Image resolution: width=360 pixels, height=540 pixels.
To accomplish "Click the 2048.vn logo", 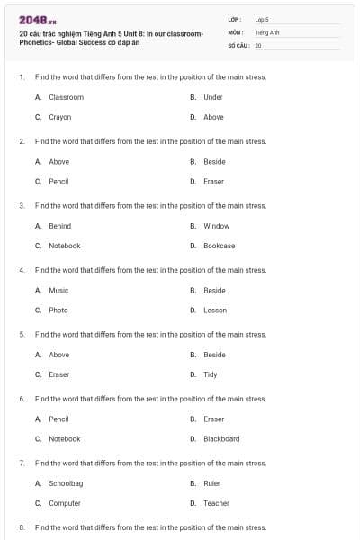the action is (37, 21).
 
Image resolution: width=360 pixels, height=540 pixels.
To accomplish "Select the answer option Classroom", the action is (66, 97).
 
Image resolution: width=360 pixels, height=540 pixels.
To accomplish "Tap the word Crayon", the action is (59, 117).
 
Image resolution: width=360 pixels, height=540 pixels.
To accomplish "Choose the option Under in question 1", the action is (212, 97).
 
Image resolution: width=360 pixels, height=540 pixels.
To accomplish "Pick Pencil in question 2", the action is (58, 181).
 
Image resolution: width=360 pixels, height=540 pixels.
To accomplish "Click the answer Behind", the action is (59, 226).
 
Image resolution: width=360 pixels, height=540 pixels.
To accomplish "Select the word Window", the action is (216, 226).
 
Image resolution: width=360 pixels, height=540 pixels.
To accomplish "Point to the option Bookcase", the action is (219, 246).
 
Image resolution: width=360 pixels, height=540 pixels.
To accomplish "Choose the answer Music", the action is (58, 291).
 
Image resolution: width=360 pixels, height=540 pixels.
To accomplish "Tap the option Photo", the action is (58, 310).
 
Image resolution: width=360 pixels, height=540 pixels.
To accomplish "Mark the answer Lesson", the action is (215, 310).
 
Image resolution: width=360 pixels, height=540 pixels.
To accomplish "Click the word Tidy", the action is (210, 374).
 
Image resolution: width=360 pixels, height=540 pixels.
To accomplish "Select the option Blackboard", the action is (221, 439).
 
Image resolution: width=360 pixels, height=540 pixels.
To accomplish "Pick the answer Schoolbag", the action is (66, 483).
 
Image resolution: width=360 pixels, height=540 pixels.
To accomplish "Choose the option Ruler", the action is (211, 483).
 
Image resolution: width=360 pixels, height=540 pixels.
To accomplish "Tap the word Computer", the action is (65, 503).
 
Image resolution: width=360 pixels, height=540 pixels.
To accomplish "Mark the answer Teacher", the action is (216, 503).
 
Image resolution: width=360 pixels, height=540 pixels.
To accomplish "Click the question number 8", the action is (22, 527).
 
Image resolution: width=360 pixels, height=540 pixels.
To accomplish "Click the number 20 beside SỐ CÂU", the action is (258, 44).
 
